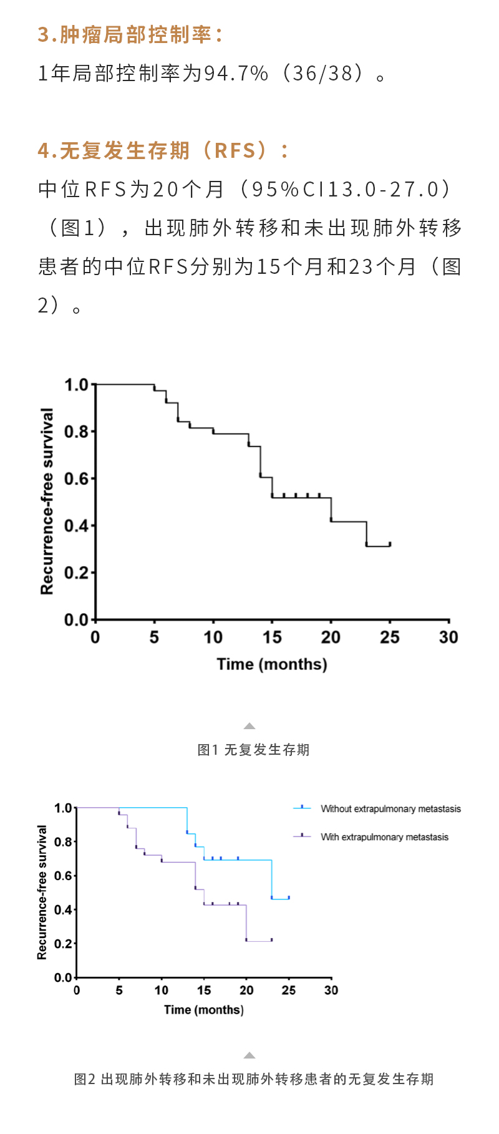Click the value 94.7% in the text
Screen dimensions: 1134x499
coord(236,74)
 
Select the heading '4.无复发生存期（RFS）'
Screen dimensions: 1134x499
coord(163,151)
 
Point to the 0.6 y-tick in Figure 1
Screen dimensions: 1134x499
coord(77,478)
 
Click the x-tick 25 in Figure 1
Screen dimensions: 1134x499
coord(390,637)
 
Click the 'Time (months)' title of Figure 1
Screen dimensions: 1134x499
coord(272,664)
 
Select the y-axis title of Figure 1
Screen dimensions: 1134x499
coord(47,502)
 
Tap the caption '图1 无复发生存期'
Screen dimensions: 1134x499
coord(253,750)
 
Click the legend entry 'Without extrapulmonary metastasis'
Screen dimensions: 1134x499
coord(390,809)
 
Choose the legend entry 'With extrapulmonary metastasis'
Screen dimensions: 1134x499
coord(384,837)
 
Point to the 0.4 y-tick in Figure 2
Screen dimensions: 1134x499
coord(63,910)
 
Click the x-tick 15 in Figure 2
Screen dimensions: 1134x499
coord(204,991)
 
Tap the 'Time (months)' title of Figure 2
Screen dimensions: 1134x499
coord(204,1010)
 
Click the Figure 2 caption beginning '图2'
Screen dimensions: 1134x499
coord(253,1079)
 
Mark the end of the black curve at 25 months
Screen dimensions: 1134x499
coord(390,545)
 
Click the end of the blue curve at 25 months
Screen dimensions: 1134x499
coord(289,898)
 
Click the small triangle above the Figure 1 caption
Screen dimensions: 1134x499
coord(249,726)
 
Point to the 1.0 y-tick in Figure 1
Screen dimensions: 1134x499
coord(77,385)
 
